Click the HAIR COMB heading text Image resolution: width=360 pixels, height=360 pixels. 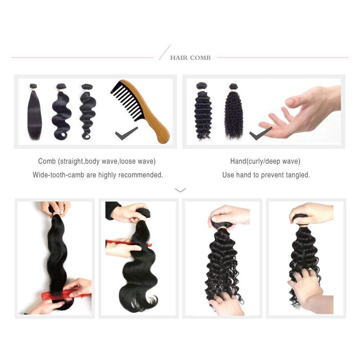190,58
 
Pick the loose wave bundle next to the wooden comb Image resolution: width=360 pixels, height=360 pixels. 87,112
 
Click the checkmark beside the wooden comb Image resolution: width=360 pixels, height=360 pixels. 126,133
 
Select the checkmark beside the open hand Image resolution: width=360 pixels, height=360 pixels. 261,133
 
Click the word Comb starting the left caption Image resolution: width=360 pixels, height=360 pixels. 47,161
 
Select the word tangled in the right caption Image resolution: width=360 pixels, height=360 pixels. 298,175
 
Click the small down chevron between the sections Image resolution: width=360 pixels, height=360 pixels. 180,190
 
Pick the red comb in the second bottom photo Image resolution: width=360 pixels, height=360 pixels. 129,243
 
